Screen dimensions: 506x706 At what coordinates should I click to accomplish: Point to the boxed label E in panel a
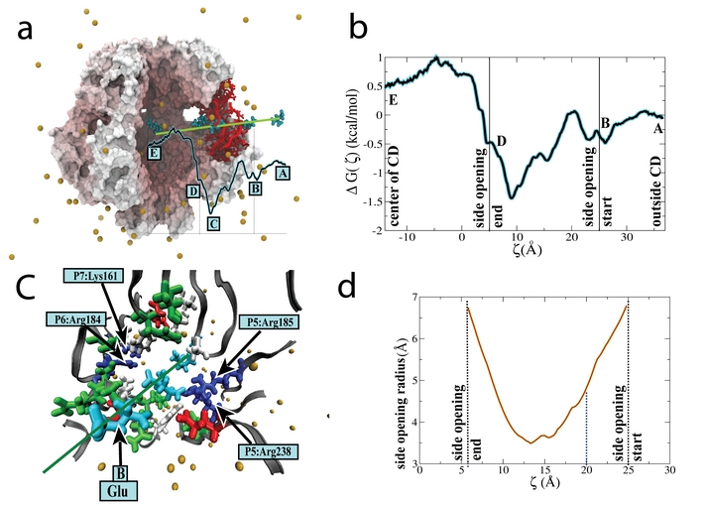[154, 153]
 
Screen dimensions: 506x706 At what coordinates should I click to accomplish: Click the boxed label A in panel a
[282, 172]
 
